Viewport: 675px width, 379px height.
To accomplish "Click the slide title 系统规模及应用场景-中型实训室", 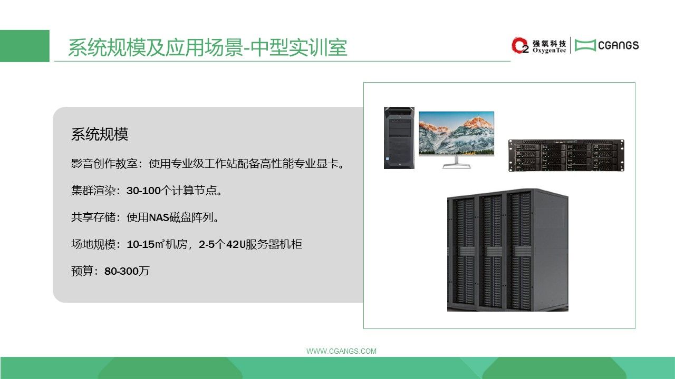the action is [208, 47].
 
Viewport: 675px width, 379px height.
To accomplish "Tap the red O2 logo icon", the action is [520, 45].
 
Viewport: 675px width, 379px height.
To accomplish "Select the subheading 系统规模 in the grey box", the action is [100, 134].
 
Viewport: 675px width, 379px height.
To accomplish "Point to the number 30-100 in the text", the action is [143, 191].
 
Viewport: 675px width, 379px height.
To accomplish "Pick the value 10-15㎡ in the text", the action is [146, 244].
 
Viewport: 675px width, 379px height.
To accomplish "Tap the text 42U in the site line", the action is [236, 244].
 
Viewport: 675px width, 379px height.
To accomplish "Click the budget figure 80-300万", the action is [127, 271].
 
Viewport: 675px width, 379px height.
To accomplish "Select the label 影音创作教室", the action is [104, 164].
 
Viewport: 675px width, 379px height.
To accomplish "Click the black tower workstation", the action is [399, 138].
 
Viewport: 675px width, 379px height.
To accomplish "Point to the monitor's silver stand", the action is [457, 163].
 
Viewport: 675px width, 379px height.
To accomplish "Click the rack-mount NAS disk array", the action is [566, 155].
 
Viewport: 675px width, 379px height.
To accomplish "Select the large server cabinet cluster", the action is [508, 250].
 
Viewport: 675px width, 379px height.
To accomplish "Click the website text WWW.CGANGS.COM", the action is [341, 351].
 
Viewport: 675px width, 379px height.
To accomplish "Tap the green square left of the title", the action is [25, 46].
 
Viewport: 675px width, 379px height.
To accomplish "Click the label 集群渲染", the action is [93, 191].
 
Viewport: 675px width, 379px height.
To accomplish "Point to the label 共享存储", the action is [93, 217].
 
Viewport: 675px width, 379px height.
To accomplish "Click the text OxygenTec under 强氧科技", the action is [549, 51].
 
